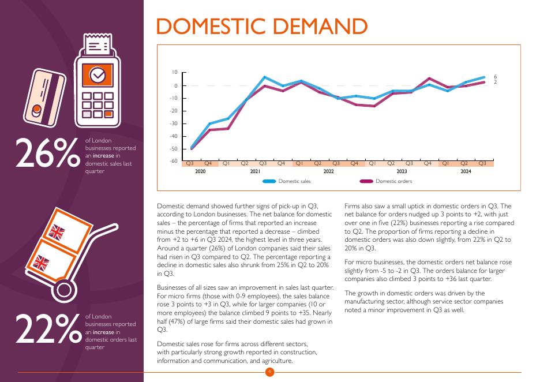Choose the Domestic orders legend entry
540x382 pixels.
[x=393, y=181]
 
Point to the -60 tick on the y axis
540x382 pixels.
[x=174, y=161]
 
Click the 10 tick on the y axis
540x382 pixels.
[x=175, y=72]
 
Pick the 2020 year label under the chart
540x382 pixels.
[x=200, y=171]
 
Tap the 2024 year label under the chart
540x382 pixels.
[x=466, y=171]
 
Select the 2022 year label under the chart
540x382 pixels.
[x=329, y=171]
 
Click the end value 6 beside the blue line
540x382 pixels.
[x=495, y=77]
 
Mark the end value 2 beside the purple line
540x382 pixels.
[x=495, y=83]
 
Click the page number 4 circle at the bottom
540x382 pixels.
[x=269, y=372]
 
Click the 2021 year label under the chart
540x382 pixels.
[x=255, y=171]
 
